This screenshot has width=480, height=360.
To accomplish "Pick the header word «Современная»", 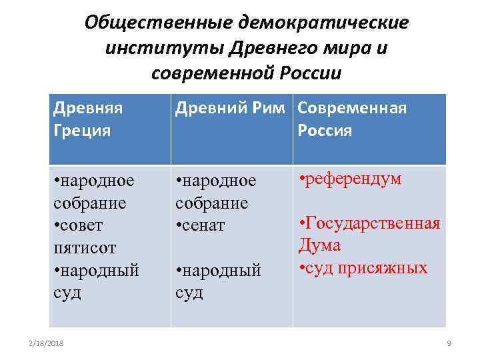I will (x=352, y=108).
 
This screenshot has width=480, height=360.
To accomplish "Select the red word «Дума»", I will (x=320, y=245).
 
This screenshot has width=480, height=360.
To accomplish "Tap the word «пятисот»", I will (x=85, y=248).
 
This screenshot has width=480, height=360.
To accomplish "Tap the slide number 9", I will (x=449, y=342).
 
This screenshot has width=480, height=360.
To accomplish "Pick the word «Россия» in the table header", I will (x=325, y=130).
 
